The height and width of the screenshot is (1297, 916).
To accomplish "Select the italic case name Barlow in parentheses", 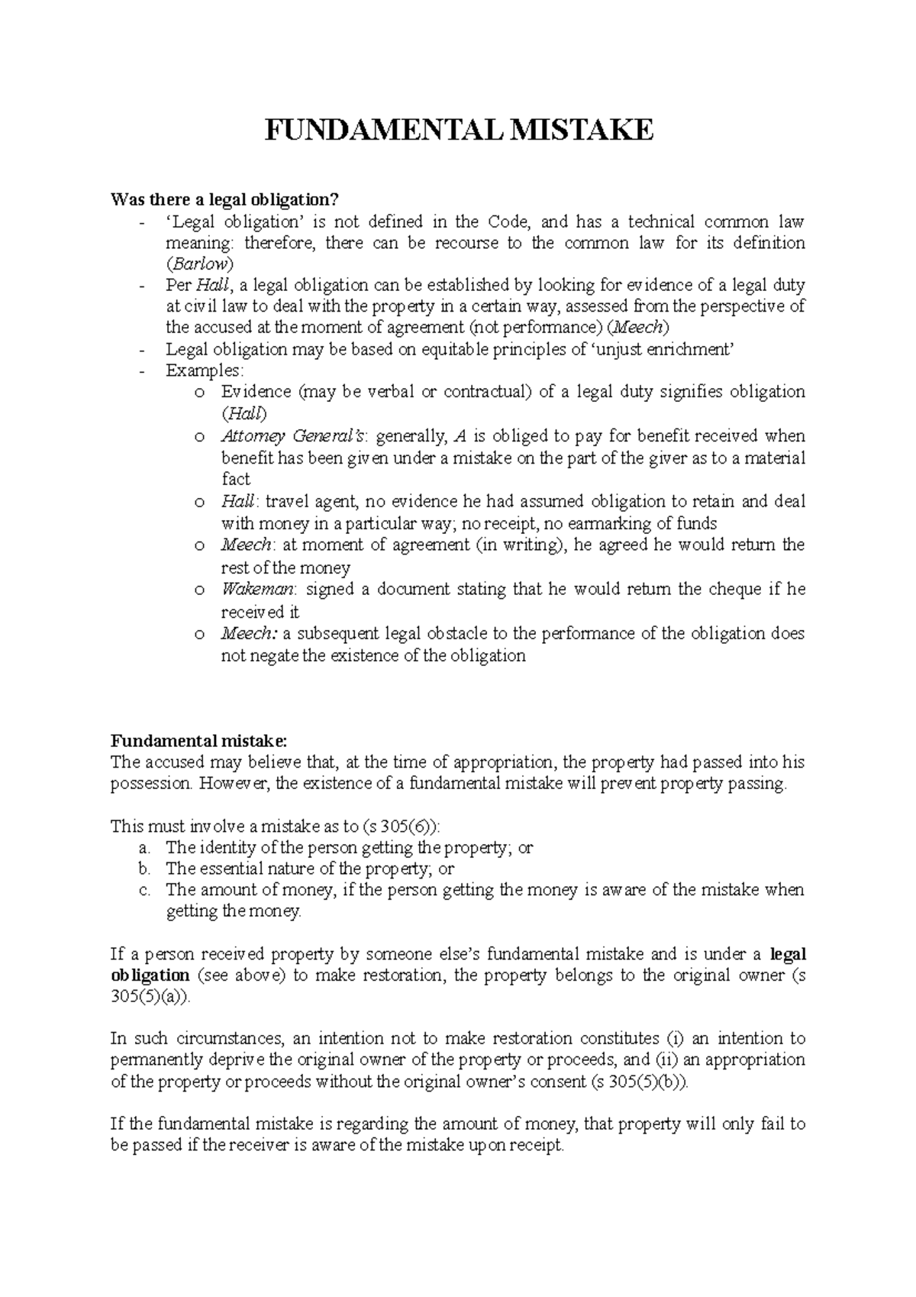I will pyautogui.click(x=200, y=264).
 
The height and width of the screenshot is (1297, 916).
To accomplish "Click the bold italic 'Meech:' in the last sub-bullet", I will pyautogui.click(x=249, y=634).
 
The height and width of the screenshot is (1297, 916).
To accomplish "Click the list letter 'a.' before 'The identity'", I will pyautogui.click(x=145, y=847).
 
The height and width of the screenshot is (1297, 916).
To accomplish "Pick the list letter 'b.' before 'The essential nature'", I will pyautogui.click(x=145, y=868).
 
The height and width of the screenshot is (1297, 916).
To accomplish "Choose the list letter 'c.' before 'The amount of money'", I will pyautogui.click(x=145, y=890).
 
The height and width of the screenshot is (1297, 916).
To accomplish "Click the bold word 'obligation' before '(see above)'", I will pyautogui.click(x=150, y=975).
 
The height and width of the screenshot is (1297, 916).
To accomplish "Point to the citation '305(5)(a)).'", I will pyautogui.click(x=148, y=998).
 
